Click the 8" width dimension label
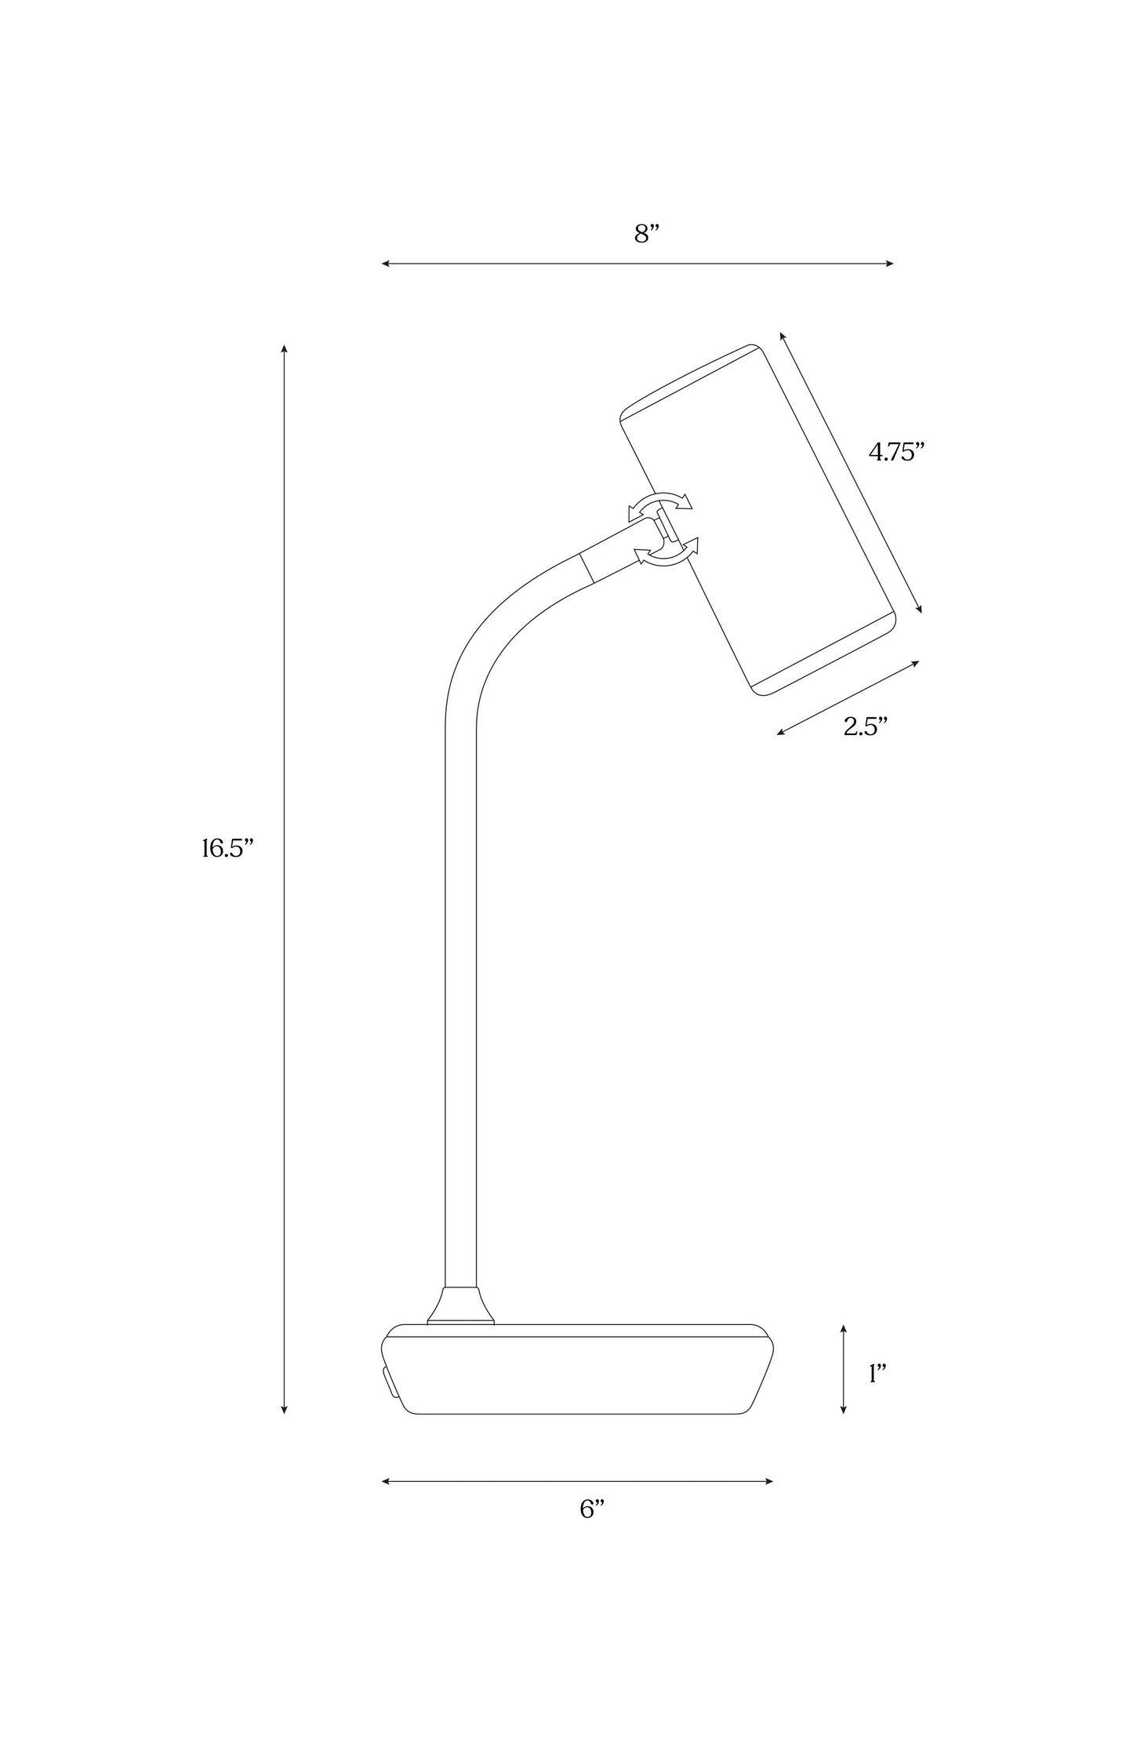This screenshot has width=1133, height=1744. coord(646,234)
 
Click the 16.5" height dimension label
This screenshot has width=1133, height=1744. coord(228,848)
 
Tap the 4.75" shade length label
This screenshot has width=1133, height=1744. coord(897,452)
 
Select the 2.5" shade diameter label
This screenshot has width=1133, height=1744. coord(866,726)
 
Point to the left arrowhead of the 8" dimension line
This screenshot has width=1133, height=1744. coord(385,264)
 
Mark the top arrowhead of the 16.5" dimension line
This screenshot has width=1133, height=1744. coord(284,348)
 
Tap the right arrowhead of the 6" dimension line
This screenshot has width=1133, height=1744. coord(770,1481)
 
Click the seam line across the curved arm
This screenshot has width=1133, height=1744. coord(586,568)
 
